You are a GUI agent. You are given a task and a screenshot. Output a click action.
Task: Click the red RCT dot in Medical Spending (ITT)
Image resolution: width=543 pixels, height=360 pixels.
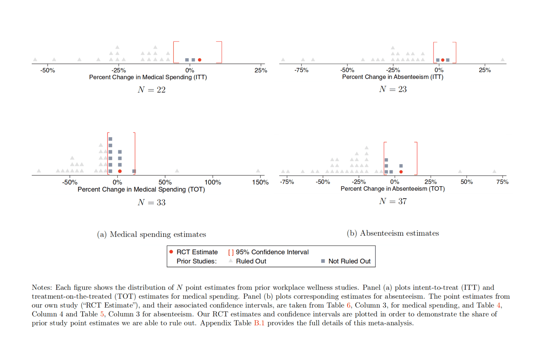coord(200,60)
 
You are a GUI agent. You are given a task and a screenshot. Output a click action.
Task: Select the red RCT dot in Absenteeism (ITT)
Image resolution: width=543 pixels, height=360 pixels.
coord(443,60)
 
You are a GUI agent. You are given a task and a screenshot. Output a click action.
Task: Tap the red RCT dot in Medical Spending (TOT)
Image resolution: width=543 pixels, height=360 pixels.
coord(120,171)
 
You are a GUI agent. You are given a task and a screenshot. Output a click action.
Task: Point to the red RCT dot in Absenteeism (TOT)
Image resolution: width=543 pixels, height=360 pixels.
coord(401,172)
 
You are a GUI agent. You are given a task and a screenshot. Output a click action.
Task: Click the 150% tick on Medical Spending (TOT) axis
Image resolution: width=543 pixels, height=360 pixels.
coord(260,182)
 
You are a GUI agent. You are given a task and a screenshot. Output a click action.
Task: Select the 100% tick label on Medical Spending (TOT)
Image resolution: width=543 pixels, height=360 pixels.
coord(212,182)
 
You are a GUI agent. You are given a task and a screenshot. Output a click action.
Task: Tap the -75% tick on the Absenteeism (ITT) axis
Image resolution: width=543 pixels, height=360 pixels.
coord(301,70)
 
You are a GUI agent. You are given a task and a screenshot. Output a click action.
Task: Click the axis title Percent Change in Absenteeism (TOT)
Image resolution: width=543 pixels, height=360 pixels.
coord(393,189)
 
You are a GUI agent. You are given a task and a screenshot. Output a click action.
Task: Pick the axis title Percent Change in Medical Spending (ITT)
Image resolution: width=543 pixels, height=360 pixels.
coord(148,77)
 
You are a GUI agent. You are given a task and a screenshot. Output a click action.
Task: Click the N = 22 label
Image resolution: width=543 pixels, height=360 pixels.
coord(151,90)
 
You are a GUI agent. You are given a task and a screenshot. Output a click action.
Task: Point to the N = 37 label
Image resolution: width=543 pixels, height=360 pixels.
coord(393,201)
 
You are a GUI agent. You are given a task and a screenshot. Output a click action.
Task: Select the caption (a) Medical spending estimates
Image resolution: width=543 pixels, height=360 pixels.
coord(151,234)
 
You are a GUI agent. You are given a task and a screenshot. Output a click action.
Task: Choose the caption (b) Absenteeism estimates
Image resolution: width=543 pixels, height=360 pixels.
coord(393,233)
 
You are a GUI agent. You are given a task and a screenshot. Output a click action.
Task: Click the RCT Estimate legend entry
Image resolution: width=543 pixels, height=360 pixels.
coord(197,252)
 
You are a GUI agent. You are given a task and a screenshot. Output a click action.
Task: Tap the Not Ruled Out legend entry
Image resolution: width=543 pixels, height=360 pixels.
coord(349,261)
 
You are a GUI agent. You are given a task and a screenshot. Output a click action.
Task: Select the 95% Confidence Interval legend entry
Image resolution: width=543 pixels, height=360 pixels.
coord(272,252)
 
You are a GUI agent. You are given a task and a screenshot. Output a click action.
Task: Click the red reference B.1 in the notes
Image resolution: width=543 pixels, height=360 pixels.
coord(259,323)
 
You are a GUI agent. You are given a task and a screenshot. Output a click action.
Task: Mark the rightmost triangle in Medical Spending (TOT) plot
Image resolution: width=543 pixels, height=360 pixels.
coord(258,171)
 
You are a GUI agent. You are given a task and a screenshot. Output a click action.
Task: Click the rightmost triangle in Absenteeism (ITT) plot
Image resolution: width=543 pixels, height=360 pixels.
coord(503,60)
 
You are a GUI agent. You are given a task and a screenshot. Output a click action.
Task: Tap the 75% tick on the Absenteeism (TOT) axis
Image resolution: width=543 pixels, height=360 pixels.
coord(502,182)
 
